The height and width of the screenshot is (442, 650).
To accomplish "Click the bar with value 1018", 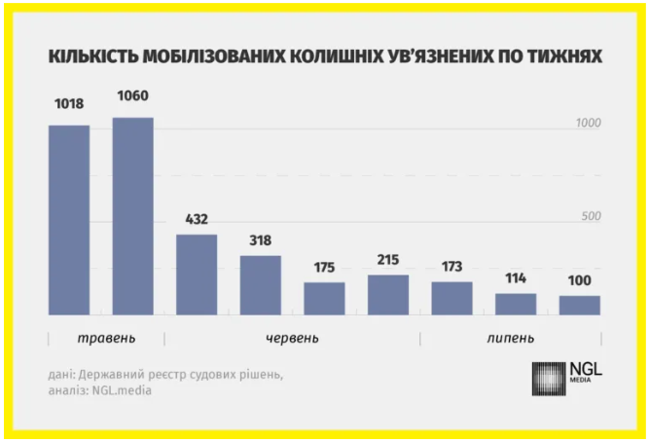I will click(x=69, y=220).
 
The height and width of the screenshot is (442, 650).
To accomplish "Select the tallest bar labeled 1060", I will click(x=133, y=216).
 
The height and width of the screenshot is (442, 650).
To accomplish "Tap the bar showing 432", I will click(x=197, y=275).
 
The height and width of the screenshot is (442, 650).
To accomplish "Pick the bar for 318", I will click(x=261, y=285).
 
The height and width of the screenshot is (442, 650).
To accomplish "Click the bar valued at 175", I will click(x=324, y=299).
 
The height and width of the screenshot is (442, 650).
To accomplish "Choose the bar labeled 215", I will click(x=388, y=295).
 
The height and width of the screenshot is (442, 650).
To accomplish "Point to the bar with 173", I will click(x=452, y=299).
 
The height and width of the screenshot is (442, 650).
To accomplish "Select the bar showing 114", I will click(x=516, y=304).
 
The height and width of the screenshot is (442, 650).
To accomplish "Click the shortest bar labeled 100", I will click(x=580, y=306).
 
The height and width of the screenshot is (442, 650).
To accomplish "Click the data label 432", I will click(x=197, y=219).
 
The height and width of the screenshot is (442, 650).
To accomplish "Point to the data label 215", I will click(x=388, y=260).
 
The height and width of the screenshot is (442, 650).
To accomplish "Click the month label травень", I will click(x=106, y=338).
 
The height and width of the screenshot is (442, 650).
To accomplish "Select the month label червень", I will click(x=292, y=338).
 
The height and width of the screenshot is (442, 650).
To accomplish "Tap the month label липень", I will click(x=510, y=338).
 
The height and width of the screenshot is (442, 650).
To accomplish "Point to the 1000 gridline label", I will click(x=588, y=123).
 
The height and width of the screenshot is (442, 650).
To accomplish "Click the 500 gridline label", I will click(x=592, y=216).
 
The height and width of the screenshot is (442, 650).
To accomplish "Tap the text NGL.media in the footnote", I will click(x=120, y=390).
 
